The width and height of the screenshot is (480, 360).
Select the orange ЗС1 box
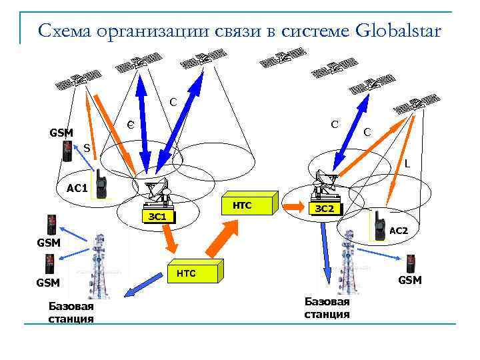tap(161, 217)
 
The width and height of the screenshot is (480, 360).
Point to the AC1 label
tap(77, 188)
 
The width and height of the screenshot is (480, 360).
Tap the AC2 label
tap(399, 231)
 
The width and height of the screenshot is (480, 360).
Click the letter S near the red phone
tap(87, 147)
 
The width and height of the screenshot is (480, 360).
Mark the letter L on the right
tap(407, 163)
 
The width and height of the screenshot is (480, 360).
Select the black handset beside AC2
tap(378, 225)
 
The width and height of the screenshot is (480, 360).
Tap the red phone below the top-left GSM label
tap(67, 152)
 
